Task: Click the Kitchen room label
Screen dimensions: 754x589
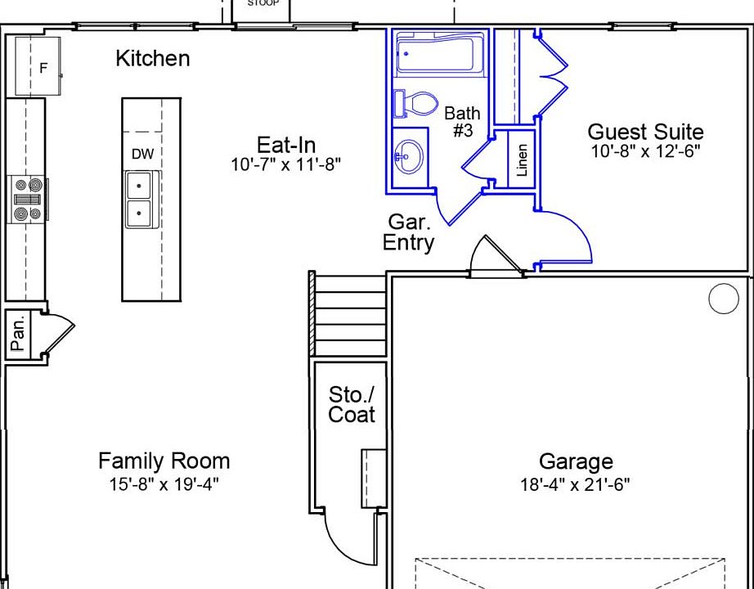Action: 153,59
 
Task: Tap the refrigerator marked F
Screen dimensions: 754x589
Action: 38,66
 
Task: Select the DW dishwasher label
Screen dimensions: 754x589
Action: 143,154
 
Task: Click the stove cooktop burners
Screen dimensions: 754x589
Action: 29,200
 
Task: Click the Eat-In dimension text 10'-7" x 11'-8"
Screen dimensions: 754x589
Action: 286,164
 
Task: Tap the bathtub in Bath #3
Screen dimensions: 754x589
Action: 439,54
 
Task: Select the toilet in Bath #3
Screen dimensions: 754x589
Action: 415,103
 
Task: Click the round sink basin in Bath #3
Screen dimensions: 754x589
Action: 409,156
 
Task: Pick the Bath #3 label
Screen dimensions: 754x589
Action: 462,122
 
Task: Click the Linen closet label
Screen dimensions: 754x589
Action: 522,160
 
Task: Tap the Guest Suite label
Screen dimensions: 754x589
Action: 645,132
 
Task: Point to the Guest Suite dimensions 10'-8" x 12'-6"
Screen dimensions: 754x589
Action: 645,151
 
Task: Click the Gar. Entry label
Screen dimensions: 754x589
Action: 409,232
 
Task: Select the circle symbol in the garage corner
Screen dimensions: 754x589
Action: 723,299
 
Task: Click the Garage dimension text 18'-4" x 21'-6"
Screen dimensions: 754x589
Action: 575,484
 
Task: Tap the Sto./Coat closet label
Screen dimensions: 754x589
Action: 351,405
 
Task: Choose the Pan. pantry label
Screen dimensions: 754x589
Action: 18,335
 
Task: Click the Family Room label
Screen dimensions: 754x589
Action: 164,461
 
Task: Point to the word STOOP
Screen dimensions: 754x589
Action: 263,3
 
